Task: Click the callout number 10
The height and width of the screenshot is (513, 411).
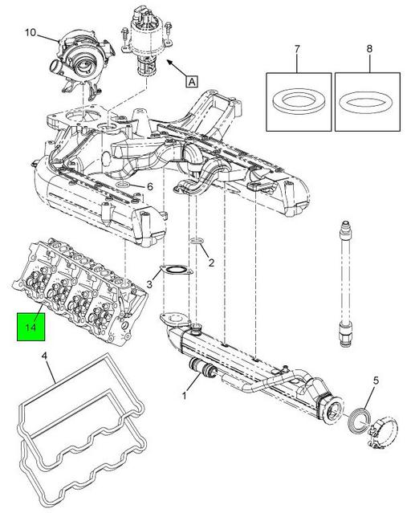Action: pyautogui.click(x=31, y=33)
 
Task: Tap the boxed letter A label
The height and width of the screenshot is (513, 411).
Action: pyautogui.click(x=192, y=81)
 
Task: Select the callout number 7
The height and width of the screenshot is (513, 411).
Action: pyautogui.click(x=297, y=50)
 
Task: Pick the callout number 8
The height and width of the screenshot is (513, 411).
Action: pyautogui.click(x=369, y=49)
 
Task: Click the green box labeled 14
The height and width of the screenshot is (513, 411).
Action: pyautogui.click(x=31, y=327)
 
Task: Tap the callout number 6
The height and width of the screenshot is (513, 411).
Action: pyautogui.click(x=149, y=187)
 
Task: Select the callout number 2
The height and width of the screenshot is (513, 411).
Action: pyautogui.click(x=211, y=263)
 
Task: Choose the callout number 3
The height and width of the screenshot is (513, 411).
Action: pyautogui.click(x=149, y=284)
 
